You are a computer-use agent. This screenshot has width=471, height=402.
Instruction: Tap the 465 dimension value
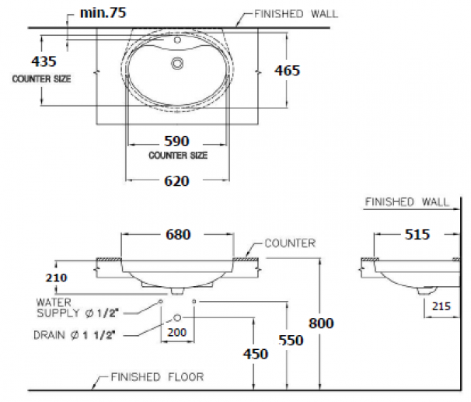[287, 70]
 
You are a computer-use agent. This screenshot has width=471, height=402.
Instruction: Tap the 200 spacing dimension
[177, 333]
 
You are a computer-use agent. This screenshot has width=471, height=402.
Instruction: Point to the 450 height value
[254, 354]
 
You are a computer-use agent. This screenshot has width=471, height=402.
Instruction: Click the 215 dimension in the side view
[441, 306]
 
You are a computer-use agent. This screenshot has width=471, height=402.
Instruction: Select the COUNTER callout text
[289, 243]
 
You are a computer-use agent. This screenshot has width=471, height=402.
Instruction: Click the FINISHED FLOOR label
[156, 377]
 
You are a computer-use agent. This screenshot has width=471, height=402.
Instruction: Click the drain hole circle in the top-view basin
[178, 62]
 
